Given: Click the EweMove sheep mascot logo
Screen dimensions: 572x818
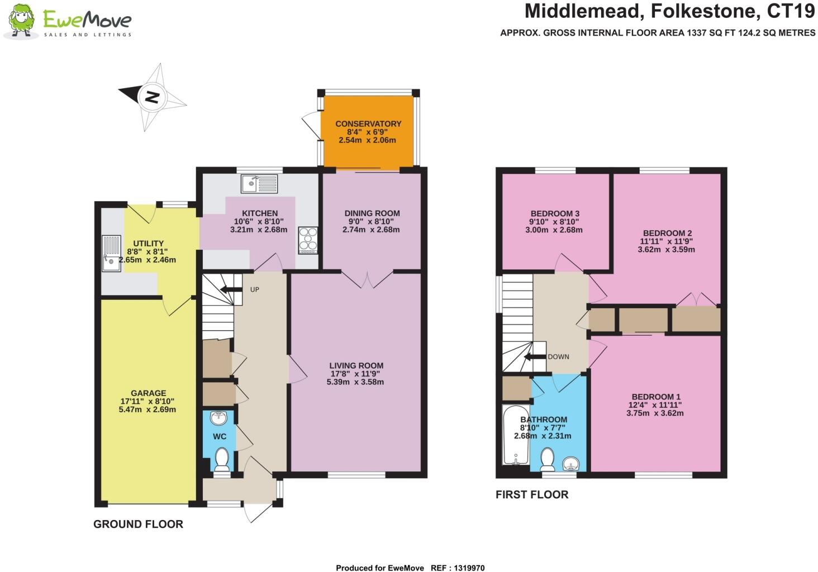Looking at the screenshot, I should [x=21, y=22].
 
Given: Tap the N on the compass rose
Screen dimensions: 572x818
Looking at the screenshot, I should [x=153, y=97].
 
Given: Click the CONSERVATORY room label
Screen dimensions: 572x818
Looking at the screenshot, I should [x=368, y=123].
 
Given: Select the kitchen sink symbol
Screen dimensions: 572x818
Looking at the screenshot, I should [x=259, y=183].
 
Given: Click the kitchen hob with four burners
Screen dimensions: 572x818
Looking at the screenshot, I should [x=308, y=240].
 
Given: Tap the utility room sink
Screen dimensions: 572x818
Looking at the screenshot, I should [x=111, y=253].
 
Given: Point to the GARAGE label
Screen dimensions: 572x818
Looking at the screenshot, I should [x=148, y=393].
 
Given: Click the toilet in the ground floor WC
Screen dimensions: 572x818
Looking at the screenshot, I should [x=222, y=460].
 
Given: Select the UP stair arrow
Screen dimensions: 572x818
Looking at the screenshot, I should [x=228, y=289].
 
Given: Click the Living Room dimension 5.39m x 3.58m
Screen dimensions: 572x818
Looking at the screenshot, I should [x=355, y=382].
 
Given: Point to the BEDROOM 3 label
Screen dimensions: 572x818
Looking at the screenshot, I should [x=555, y=213].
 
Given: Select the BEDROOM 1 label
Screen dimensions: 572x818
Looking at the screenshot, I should [x=655, y=397].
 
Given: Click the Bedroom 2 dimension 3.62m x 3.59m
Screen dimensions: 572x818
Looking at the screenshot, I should [x=666, y=250].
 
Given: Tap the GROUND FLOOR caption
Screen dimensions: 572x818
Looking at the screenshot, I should [x=138, y=524].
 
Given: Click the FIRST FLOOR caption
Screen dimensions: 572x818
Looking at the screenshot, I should [x=532, y=494].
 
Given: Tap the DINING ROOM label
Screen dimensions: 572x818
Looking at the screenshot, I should [x=372, y=213].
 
